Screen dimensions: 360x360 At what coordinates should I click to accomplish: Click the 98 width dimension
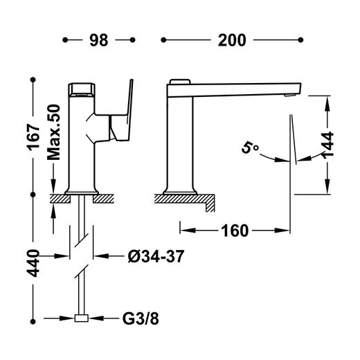click(99, 40)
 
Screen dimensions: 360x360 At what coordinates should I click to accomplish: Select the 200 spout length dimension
click(232, 40)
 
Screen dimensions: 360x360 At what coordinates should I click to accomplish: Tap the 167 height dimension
click(34, 137)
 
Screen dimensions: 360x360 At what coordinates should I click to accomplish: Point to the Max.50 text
click(53, 132)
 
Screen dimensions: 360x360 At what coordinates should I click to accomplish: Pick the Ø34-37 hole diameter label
click(156, 256)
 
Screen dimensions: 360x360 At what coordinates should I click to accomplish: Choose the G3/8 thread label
click(141, 319)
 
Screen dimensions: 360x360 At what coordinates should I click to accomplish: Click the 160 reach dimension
click(235, 231)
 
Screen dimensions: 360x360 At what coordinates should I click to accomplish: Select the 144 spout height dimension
click(328, 145)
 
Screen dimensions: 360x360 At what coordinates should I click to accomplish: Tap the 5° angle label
click(250, 147)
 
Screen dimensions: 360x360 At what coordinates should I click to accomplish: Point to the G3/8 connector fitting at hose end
click(82, 318)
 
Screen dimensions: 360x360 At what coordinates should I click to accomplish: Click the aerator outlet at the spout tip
click(289, 95)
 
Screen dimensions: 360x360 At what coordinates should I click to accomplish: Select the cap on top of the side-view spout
click(180, 82)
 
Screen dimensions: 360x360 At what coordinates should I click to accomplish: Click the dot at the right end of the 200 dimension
click(300, 40)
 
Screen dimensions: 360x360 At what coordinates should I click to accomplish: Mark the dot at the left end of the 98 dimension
click(65, 40)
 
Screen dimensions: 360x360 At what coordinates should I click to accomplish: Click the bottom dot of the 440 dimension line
click(33, 321)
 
